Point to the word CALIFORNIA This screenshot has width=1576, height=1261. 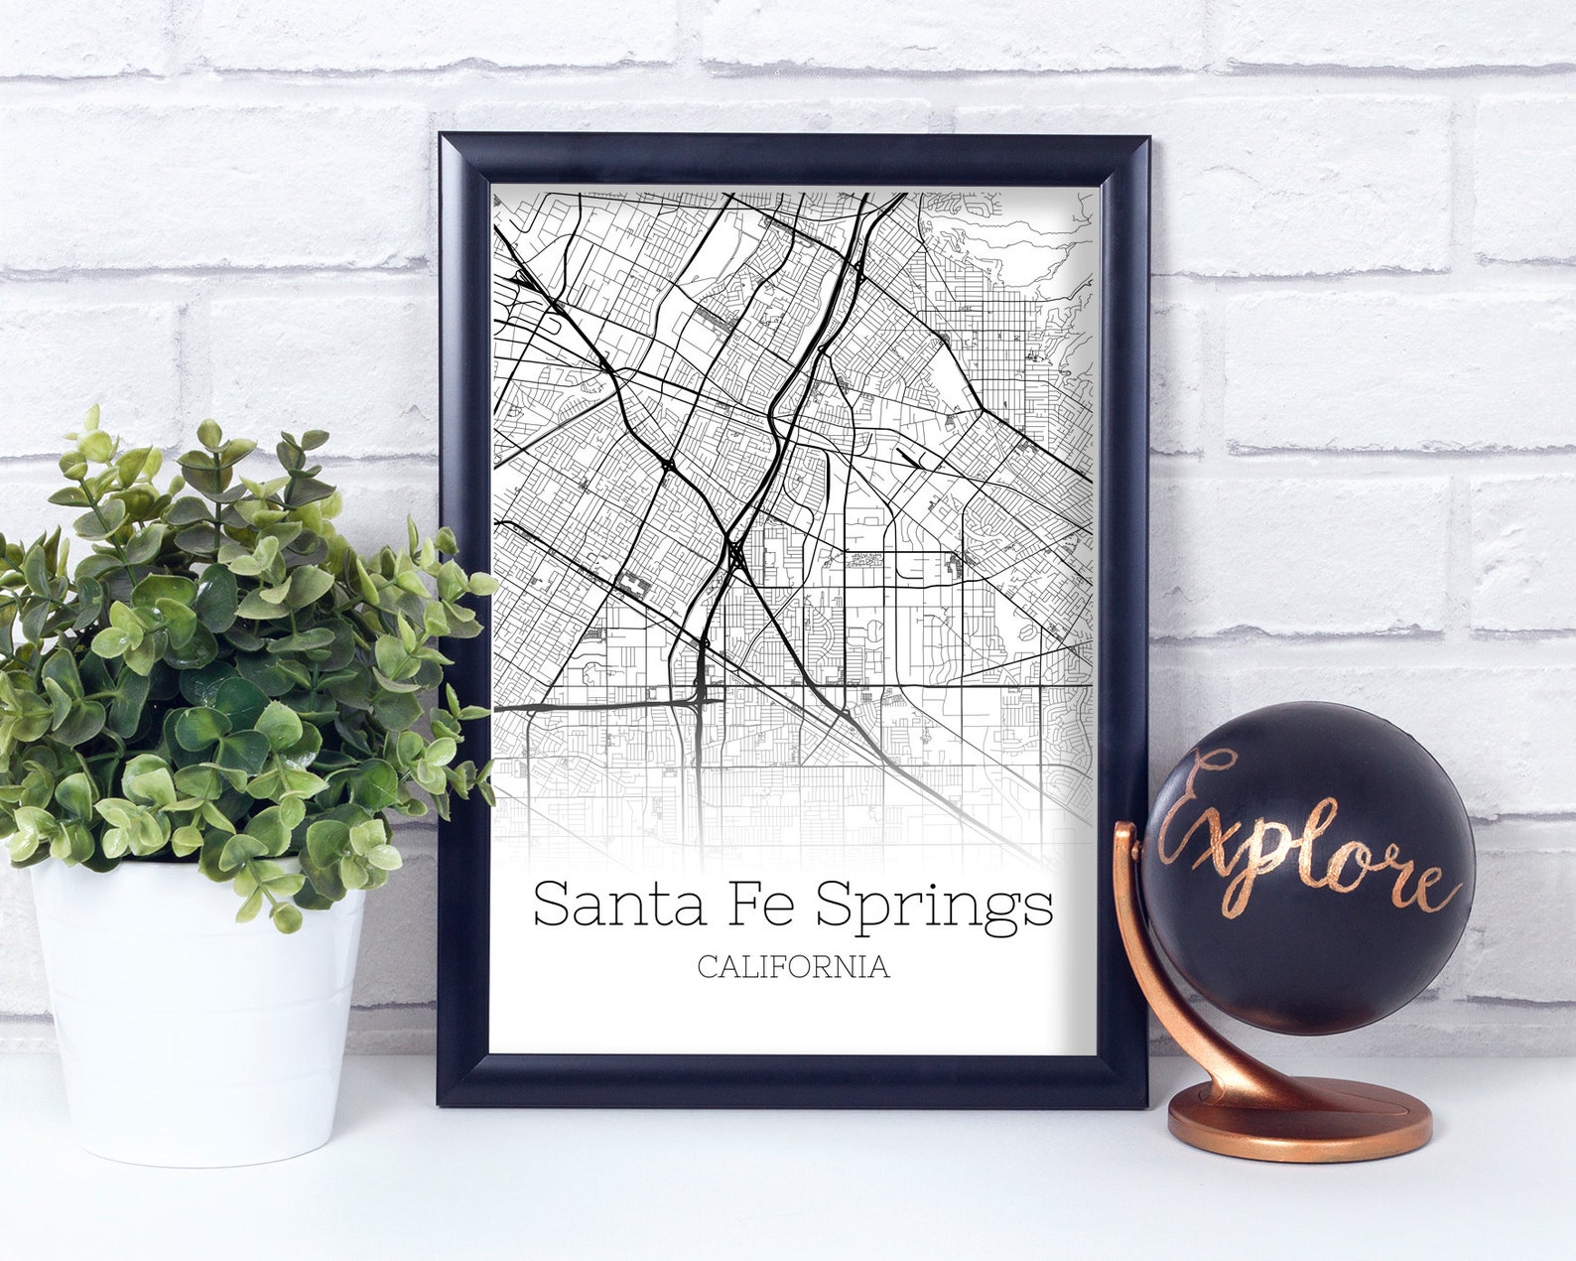pos(793,967)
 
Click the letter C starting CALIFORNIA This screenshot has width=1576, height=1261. pos(707,967)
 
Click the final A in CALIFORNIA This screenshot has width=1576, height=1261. pos(878,967)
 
